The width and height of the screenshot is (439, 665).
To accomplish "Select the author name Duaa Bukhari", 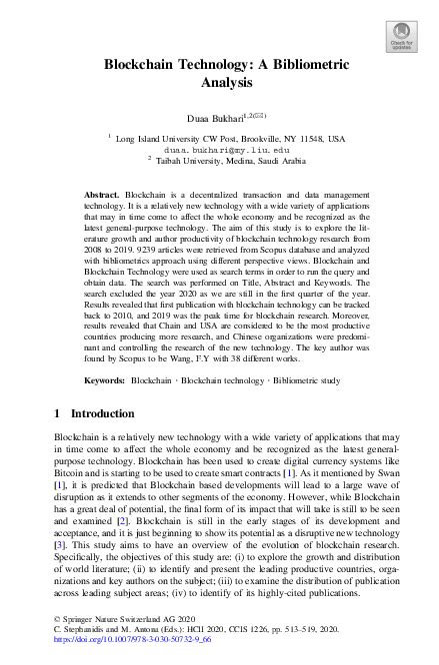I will coord(213,117).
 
